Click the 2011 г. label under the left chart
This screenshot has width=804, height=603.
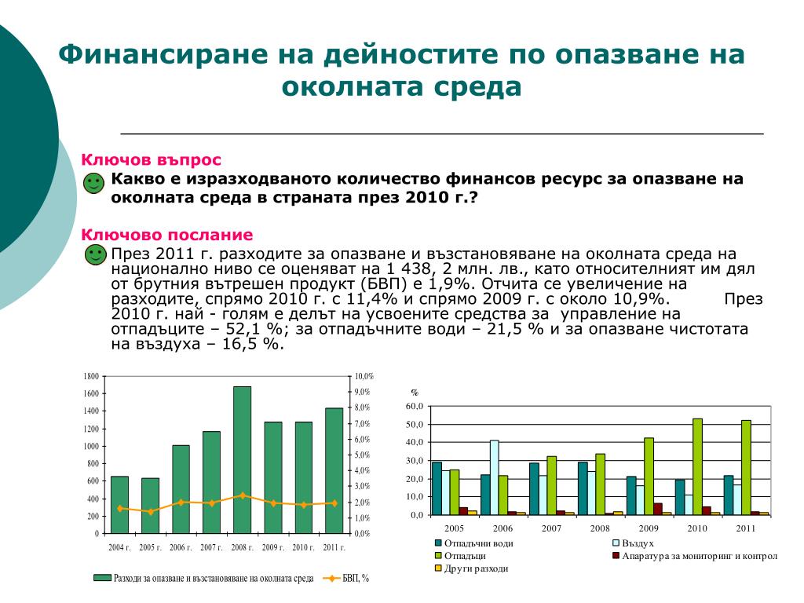(334, 547)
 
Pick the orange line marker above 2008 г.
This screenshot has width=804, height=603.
(242, 495)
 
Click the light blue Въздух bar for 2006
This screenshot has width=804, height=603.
(495, 477)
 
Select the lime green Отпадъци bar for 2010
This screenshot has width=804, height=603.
(696, 466)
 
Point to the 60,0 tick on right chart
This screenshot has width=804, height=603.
(414, 406)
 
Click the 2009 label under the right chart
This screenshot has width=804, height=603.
(649, 528)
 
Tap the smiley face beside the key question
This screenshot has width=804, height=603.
(93, 185)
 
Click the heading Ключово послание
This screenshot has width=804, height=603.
(167, 235)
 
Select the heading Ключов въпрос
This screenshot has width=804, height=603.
(152, 160)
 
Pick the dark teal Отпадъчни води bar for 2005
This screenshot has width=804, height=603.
(437, 488)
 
